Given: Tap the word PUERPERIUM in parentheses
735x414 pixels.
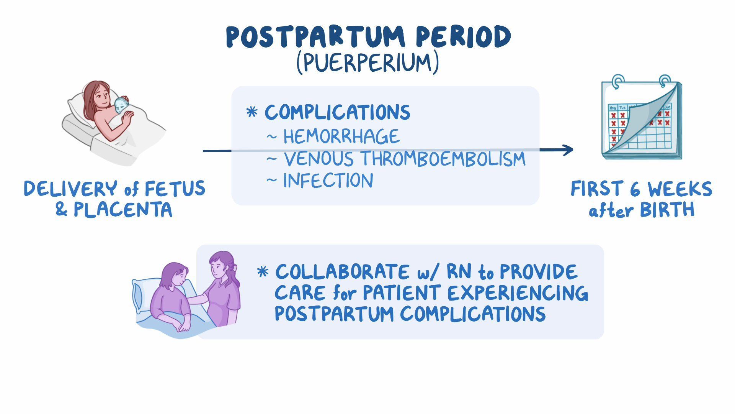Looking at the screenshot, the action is tap(368, 63).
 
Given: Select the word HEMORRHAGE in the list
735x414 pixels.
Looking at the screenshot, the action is tap(341, 136).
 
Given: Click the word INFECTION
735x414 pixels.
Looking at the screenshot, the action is tap(328, 181).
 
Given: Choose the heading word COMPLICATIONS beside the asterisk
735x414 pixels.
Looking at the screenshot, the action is tap(338, 112).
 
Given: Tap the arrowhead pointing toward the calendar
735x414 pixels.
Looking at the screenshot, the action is tap(567, 150).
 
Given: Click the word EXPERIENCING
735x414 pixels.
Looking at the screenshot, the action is tap(518, 293).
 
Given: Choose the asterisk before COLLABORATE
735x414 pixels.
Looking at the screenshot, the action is tap(263, 272).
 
